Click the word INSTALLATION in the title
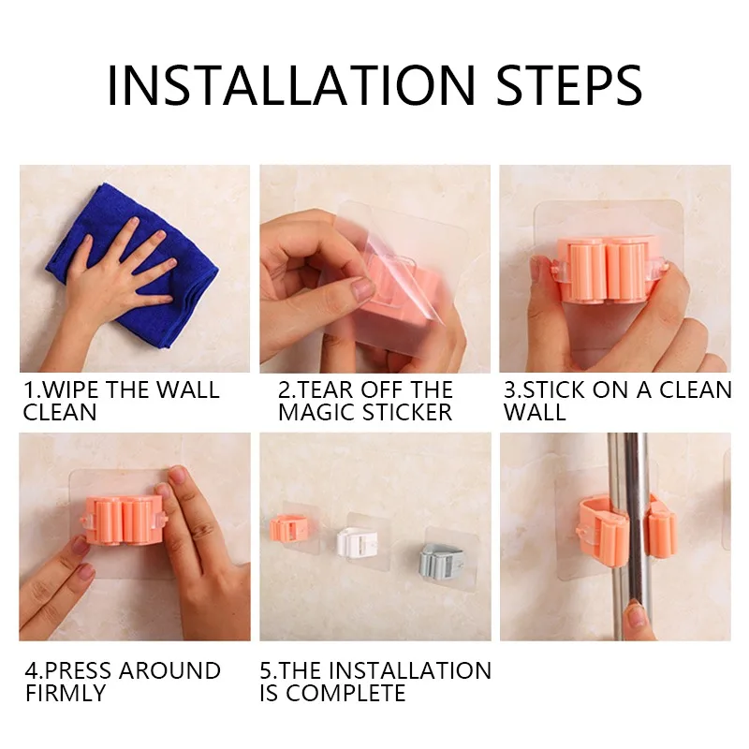tap(291, 85)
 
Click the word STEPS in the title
tap(569, 85)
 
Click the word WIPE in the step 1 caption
tap(72, 389)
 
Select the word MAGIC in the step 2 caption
tap(316, 412)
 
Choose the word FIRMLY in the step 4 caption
tap(66, 693)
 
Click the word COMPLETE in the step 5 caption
tap(345, 693)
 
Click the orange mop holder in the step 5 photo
tap(289, 528)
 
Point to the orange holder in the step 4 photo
tap(125, 520)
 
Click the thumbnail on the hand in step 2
tap(362, 289)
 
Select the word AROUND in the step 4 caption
tap(169, 670)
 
